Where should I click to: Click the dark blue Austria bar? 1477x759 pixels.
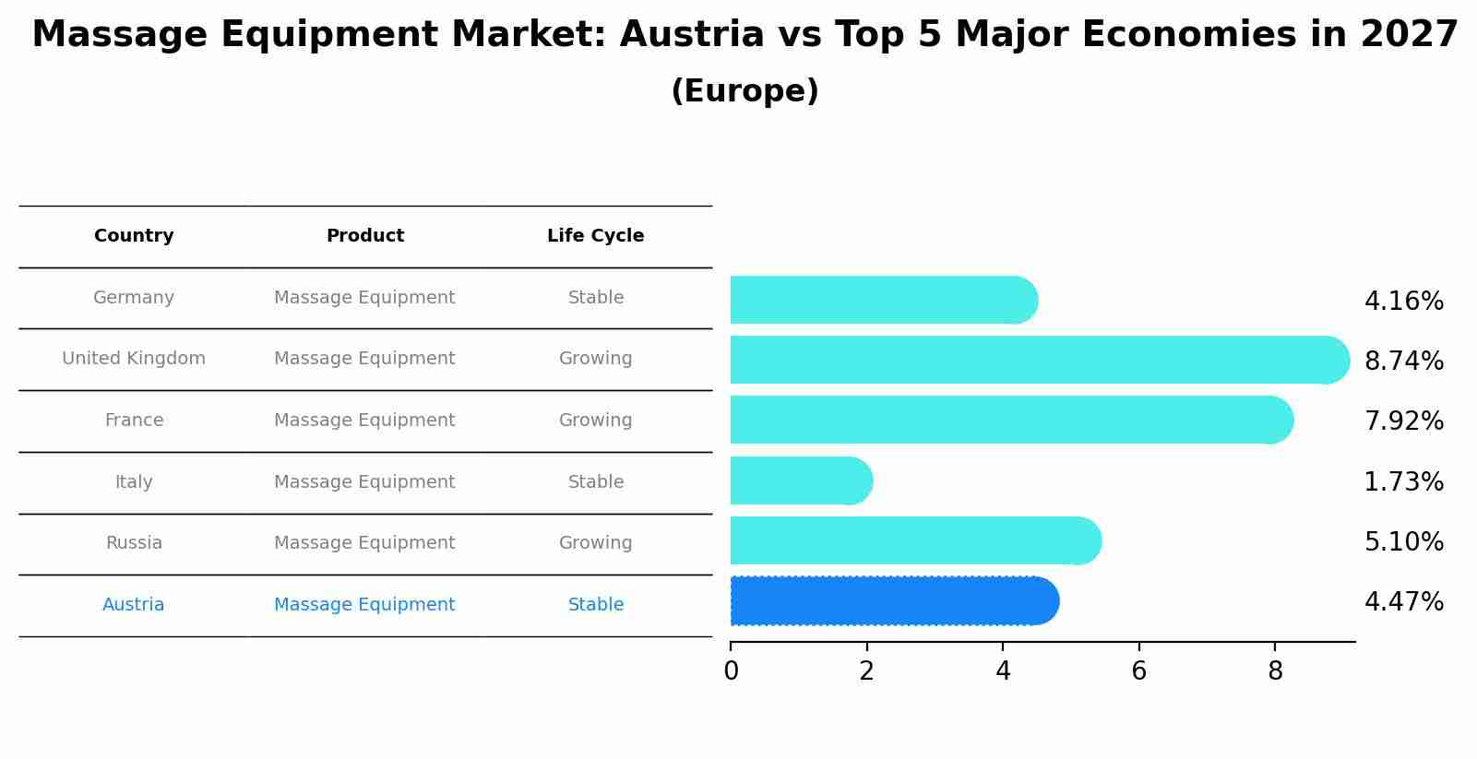pos(893,601)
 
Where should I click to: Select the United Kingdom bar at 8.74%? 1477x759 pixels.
pos(1038,360)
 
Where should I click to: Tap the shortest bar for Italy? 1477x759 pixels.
pos(800,480)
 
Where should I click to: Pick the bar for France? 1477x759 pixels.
pos(1010,420)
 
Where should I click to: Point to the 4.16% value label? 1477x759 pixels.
pos(1403,302)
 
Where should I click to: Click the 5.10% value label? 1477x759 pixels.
pos(1403,541)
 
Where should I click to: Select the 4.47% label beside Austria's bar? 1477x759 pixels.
pos(1403,602)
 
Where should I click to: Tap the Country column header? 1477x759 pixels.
pos(134,236)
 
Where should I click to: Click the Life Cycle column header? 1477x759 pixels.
pos(595,236)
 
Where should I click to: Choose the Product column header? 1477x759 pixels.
pos(364,236)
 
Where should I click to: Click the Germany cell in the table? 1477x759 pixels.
pos(134,298)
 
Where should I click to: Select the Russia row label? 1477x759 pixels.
pos(134,543)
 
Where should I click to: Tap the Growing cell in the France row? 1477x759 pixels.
pos(595,421)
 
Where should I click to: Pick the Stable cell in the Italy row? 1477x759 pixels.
pos(595,482)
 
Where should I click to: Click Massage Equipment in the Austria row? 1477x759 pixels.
pos(364,605)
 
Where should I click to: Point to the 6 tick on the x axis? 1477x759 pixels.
pos(1138,671)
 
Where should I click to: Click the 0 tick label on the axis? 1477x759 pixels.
pos(731,671)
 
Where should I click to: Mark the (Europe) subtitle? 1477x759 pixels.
pos(744,91)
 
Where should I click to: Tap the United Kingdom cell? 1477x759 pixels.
pos(134,359)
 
